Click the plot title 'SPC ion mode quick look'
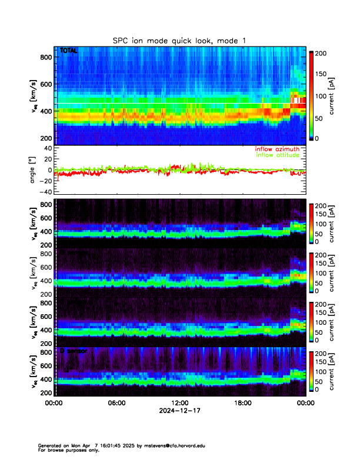tap(180, 40)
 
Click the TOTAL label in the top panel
tap(68, 51)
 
